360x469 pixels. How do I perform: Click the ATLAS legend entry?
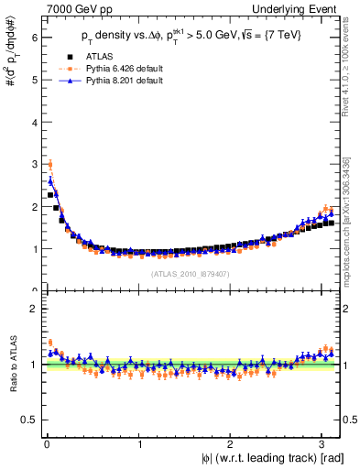click(99, 57)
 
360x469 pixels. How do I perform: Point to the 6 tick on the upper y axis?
click(34, 38)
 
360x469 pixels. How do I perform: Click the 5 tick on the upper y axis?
click(34, 80)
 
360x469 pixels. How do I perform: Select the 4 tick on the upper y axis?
click(34, 122)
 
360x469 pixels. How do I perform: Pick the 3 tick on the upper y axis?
click(34, 164)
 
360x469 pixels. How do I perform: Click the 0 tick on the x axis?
click(46, 442)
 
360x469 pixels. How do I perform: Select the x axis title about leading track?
click(259, 457)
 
